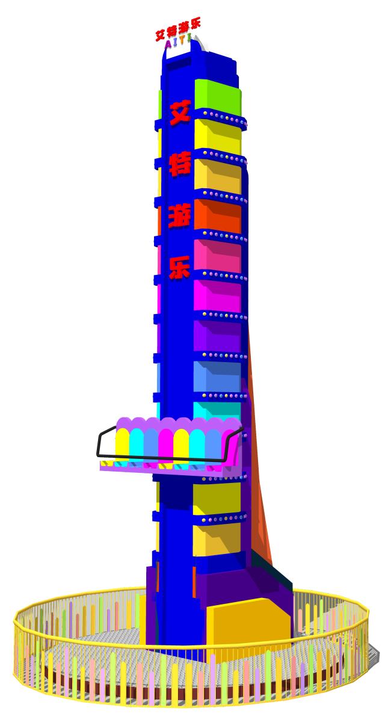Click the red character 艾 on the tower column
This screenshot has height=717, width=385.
[180, 112]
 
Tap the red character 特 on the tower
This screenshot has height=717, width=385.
[180, 164]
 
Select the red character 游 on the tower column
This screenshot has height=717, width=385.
[179, 215]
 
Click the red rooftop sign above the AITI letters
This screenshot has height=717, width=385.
[178, 29]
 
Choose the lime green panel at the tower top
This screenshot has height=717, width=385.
[218, 97]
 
